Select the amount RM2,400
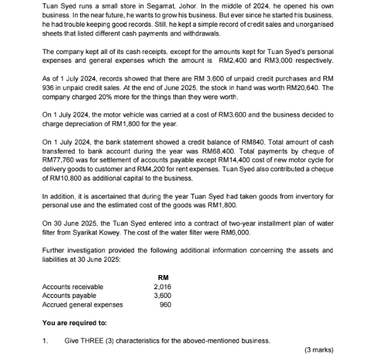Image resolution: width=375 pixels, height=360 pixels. click(232, 60)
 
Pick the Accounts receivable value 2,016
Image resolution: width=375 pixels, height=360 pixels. click(163, 286)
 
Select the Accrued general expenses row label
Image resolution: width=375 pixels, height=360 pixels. click(82, 304)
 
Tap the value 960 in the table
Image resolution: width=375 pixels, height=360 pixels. click(165, 304)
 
